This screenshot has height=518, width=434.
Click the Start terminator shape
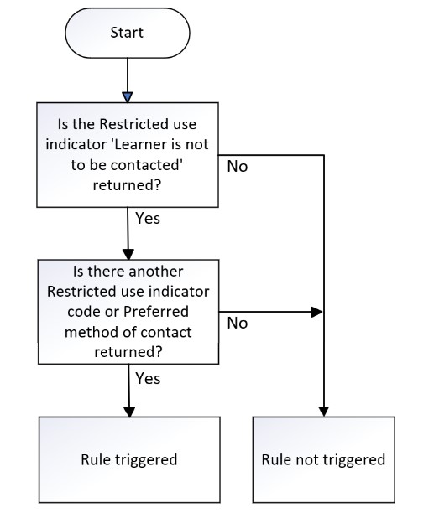(128, 33)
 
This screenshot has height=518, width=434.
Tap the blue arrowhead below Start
(128, 97)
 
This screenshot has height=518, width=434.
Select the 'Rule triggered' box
(129, 459)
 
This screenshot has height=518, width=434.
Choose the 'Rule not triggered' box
(323, 459)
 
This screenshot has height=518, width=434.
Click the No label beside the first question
(238, 167)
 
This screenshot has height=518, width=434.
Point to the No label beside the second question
(238, 323)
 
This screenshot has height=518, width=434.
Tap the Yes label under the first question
(148, 219)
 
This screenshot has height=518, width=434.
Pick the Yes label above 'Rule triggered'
(148, 379)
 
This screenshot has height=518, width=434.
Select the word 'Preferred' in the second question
(156, 312)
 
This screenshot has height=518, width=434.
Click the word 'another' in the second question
(156, 272)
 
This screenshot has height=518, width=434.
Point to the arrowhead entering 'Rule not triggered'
(324, 412)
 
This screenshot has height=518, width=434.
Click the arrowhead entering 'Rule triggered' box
(129, 412)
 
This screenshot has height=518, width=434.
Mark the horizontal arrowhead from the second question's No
(317, 312)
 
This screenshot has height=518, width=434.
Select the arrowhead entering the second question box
(128, 254)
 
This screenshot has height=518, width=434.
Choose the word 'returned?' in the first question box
(127, 185)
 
